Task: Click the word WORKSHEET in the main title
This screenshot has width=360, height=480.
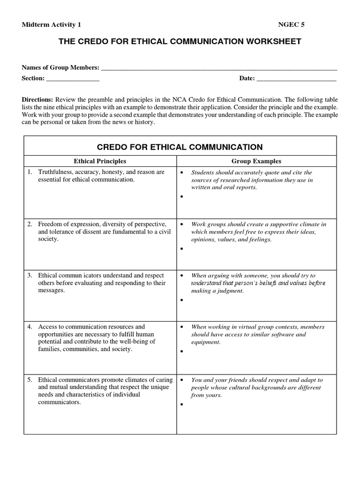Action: pyautogui.click(x=270, y=42)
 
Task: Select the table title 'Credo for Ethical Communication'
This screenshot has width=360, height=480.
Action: pyautogui.click(x=180, y=146)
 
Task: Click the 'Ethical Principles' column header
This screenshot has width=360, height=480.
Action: pyautogui.click(x=98, y=161)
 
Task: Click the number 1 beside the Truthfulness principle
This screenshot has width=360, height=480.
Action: pyautogui.click(x=30, y=172)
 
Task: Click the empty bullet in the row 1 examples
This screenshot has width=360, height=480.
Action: pyautogui.click(x=181, y=197)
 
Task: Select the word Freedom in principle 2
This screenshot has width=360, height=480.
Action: pyautogui.click(x=50, y=224)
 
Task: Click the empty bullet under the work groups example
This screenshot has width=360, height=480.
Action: pyautogui.click(x=181, y=249)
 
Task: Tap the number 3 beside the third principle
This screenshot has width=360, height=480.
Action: pyautogui.click(x=30, y=276)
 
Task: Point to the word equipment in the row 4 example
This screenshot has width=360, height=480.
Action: pyautogui.click(x=206, y=342)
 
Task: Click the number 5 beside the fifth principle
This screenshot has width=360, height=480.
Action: pyautogui.click(x=30, y=380)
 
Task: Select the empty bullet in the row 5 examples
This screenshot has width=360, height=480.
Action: pyautogui.click(x=181, y=404)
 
